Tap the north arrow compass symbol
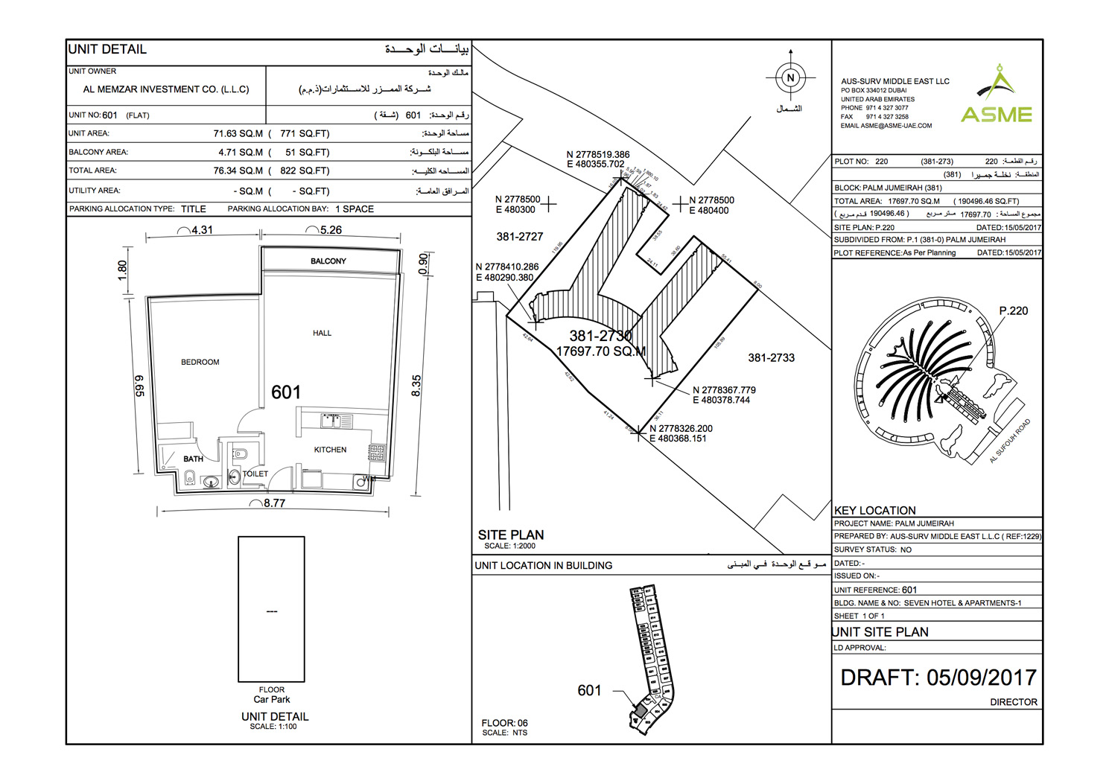790,77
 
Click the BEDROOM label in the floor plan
200,362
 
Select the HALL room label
322,333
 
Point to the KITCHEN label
330,450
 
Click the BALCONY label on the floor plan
328,261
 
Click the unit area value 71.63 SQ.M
238,134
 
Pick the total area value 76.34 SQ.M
238,170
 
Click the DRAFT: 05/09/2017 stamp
938,678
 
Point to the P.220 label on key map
1013,310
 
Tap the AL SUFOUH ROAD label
1009,442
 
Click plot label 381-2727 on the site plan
519,237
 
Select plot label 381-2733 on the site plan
771,358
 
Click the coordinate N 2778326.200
681,429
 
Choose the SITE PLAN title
511,535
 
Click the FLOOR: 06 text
504,723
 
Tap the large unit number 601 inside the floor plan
286,392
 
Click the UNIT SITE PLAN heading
880,632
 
